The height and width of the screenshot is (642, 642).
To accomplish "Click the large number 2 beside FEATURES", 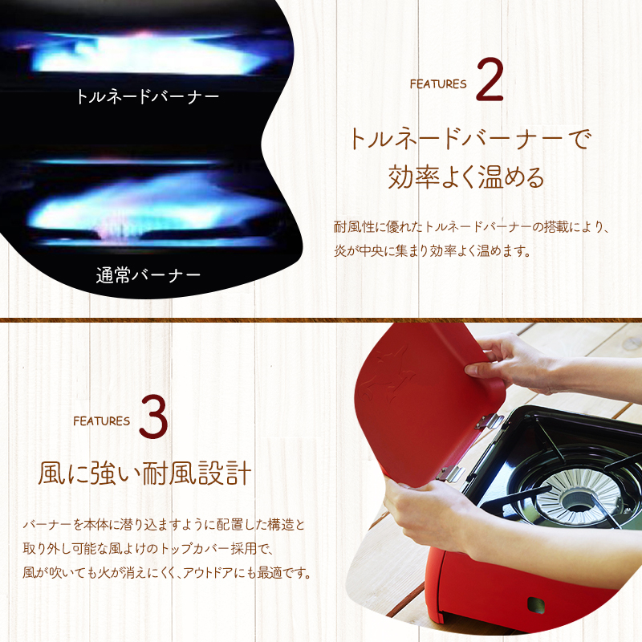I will pyautogui.click(x=490, y=79).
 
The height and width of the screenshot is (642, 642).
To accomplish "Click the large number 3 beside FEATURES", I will pyautogui.click(x=152, y=416).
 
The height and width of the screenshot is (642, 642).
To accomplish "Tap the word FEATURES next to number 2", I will pyautogui.click(x=437, y=83).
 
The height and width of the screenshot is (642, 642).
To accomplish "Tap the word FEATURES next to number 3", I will pyautogui.click(x=101, y=421).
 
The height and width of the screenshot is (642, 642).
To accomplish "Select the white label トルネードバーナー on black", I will pyautogui.click(x=147, y=97).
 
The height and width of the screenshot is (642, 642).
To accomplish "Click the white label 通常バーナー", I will pyautogui.click(x=147, y=276).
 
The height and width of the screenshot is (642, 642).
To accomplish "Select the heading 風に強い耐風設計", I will pyautogui.click(x=144, y=473).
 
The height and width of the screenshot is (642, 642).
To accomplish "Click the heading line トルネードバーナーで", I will pyautogui.click(x=469, y=138).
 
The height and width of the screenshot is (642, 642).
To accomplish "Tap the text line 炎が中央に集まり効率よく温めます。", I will pyautogui.click(x=433, y=250).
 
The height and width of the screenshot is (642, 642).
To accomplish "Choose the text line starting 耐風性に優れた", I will pyautogui.click(x=472, y=226).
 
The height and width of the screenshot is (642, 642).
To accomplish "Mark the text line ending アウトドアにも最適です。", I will pyautogui.click(x=167, y=573).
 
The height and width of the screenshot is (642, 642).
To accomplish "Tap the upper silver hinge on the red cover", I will pyautogui.click(x=484, y=421).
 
